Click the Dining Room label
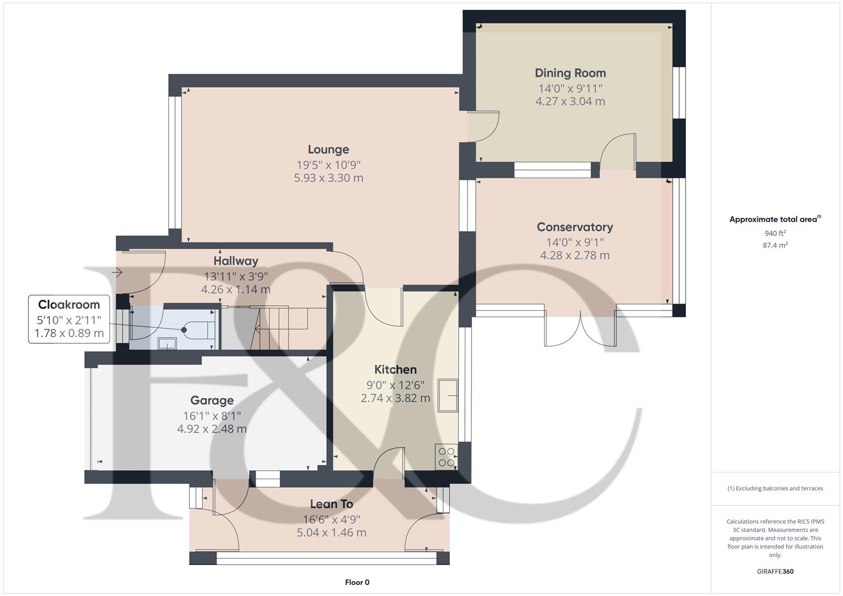point(570,73)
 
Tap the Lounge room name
point(328,150)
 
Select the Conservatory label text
point(574,227)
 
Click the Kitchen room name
point(395,370)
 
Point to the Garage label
point(211,401)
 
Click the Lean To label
point(331,504)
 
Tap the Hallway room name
point(236,261)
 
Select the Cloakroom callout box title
point(69,305)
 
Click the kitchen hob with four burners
point(446,457)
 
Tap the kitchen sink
point(448,395)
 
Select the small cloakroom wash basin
point(167,343)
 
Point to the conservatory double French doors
point(580,330)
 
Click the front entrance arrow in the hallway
point(116,272)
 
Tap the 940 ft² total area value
point(775,233)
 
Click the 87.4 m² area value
point(775,246)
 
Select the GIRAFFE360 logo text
point(775,572)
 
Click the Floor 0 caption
point(357,582)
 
